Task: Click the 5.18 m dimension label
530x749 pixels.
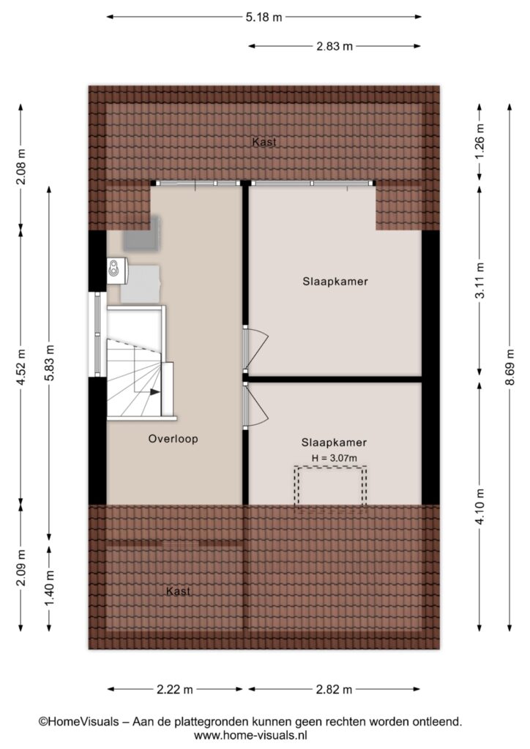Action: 264,18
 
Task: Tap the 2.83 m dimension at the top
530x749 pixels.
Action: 335,46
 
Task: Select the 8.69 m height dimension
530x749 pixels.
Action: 510,367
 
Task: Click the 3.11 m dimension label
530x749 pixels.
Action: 480,281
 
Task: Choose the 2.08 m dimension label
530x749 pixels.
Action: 21,168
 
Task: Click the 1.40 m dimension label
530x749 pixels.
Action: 50,587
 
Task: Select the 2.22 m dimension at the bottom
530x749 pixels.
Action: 175,689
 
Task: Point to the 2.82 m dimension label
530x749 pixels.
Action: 334,689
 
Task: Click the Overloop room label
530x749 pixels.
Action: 173,439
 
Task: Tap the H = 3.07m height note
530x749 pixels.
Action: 335,458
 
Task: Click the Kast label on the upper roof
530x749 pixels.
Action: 264,142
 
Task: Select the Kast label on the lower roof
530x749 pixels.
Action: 179,591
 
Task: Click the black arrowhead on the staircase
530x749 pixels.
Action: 155,392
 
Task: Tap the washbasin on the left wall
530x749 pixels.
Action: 116,271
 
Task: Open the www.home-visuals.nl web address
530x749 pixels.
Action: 250,734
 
